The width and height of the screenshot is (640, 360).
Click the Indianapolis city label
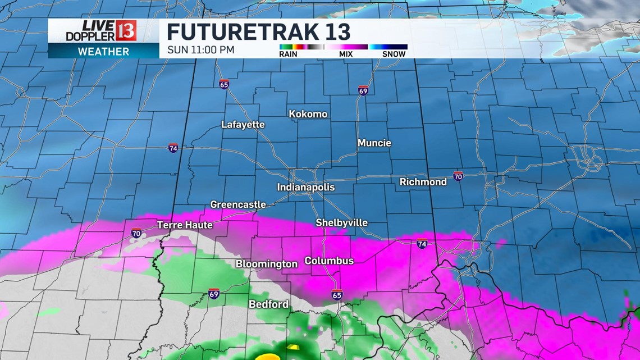point(305,187)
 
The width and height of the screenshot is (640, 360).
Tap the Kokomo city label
point(308,114)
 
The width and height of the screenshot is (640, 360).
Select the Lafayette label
point(243,125)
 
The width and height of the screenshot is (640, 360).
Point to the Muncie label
point(374,143)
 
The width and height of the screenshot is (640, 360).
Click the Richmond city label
point(423,182)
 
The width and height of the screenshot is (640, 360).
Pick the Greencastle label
point(237,204)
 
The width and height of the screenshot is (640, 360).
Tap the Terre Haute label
point(185,225)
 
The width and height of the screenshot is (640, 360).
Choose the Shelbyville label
point(341,223)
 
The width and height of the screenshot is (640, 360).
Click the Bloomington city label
point(266,264)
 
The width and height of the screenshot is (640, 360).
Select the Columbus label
point(329,261)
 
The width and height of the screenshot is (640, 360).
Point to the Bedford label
point(268,304)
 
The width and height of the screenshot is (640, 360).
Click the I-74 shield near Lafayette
point(173,148)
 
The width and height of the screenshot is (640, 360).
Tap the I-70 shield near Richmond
point(458,176)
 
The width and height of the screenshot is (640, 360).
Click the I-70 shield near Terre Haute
point(136,233)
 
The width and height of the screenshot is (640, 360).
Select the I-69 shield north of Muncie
point(363,90)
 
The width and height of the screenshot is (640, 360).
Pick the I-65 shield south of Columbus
point(337,295)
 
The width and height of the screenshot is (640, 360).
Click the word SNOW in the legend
point(394,54)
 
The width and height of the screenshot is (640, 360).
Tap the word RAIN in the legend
point(288,54)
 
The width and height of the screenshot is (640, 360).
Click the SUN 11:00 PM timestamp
point(200,50)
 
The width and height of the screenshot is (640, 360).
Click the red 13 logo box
point(126,30)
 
